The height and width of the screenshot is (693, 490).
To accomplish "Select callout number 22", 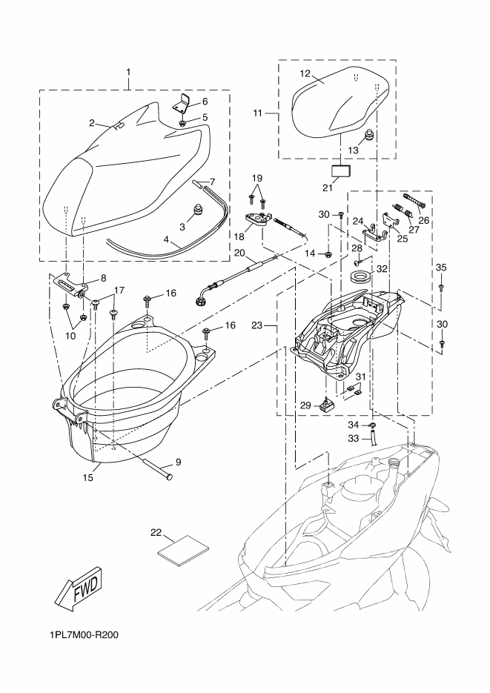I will tap(156, 532).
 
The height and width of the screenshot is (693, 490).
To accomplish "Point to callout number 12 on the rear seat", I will tap(305, 73).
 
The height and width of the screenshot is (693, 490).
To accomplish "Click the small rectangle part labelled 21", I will tap(341, 171).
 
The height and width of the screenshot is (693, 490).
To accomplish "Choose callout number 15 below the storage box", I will tap(87, 478).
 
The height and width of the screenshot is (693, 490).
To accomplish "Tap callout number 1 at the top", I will tap(128, 72).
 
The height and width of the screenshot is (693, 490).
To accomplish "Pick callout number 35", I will tap(441, 268).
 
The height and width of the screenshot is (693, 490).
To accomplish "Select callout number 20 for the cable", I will tap(239, 253).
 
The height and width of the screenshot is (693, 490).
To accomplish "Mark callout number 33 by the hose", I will tap(354, 439).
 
